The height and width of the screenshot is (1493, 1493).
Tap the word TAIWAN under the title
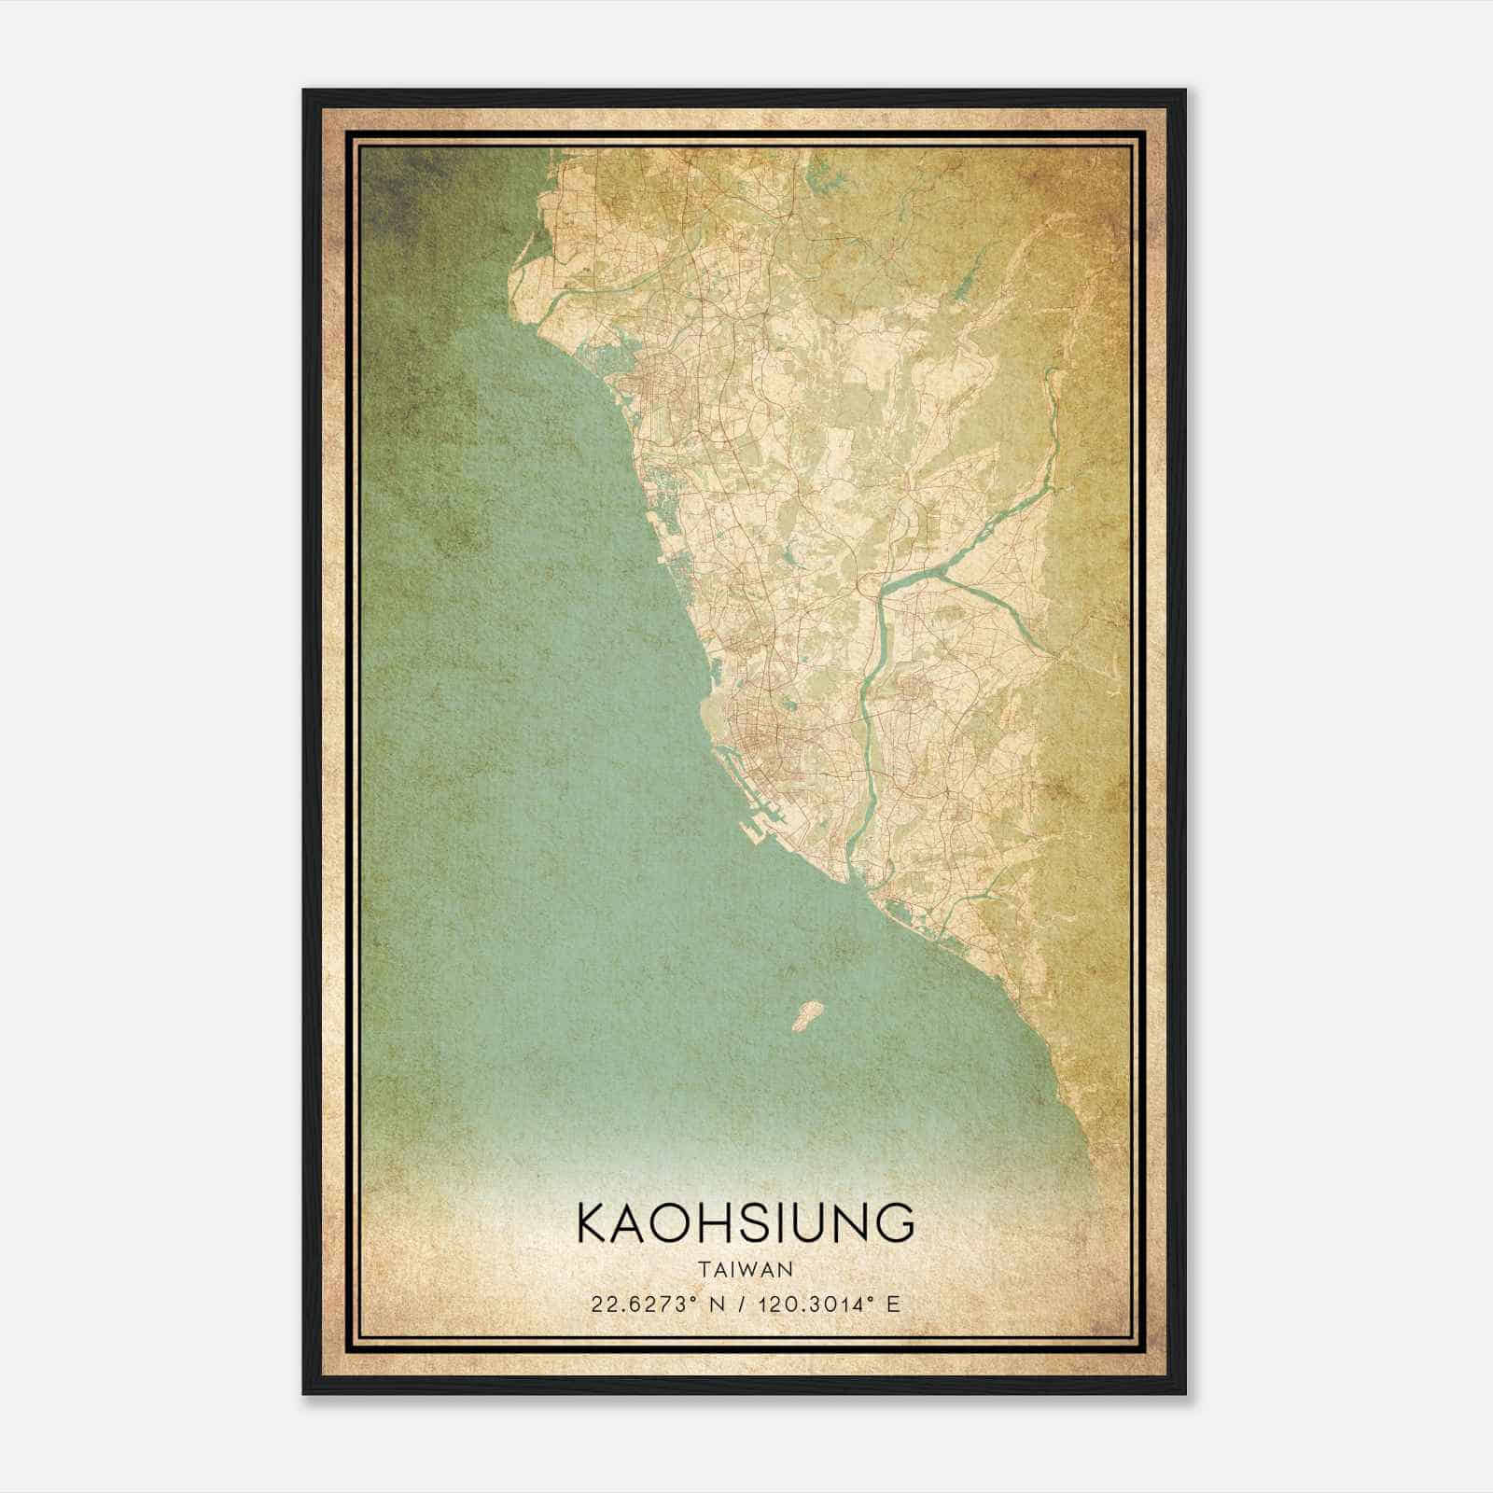tap(746, 1270)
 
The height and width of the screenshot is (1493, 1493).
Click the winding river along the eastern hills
tap(1050, 439)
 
